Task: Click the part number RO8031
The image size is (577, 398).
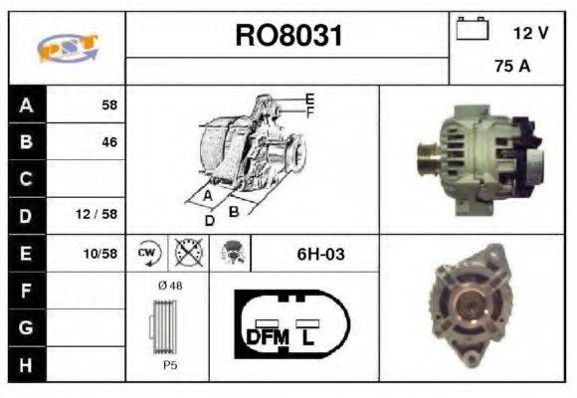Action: point(288,37)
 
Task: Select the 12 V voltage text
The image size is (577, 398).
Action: point(530,33)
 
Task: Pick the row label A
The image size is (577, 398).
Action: point(26,104)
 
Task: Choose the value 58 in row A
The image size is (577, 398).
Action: point(108,104)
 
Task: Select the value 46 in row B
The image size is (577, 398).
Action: point(108,142)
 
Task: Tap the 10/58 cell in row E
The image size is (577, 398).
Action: point(101,254)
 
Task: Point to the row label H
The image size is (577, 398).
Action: point(26,365)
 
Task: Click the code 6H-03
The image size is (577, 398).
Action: point(320,254)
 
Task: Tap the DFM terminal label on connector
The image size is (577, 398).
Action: point(266,337)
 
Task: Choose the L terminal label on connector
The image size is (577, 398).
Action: point(309,337)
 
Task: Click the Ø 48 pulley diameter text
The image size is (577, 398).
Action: point(170,286)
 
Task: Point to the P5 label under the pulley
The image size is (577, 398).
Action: point(170,365)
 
